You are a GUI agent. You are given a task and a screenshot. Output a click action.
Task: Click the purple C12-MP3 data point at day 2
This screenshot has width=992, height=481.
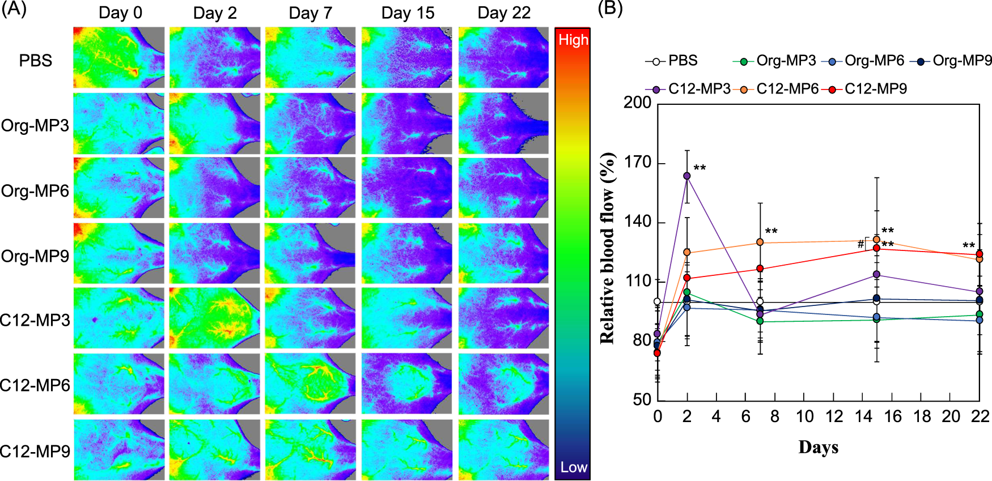(x=687, y=176)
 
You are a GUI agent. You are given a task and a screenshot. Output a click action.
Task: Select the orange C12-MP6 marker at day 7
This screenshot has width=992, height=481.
(x=760, y=242)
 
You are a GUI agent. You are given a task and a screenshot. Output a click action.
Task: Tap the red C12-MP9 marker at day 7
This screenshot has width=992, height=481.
(x=760, y=269)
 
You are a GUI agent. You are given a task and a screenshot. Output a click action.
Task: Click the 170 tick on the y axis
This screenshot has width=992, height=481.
(x=637, y=163)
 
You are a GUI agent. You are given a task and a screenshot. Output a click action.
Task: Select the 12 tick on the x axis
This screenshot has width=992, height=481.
(x=834, y=416)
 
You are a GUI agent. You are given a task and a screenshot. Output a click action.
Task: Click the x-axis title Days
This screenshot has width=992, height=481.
(x=818, y=447)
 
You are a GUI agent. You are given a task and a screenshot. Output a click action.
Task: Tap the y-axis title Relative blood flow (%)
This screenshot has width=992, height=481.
(x=607, y=248)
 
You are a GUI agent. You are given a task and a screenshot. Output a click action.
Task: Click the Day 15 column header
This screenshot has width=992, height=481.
(x=408, y=13)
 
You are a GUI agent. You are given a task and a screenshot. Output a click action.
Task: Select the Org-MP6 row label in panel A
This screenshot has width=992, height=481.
(x=35, y=191)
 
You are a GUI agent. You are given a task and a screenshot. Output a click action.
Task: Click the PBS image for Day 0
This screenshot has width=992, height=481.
(x=119, y=57)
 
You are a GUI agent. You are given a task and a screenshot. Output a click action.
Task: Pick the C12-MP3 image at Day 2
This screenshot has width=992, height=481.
(x=215, y=318)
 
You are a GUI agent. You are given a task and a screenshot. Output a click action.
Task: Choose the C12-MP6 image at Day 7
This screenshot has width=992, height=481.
(x=311, y=384)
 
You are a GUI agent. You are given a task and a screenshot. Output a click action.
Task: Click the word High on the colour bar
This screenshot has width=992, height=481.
(x=573, y=40)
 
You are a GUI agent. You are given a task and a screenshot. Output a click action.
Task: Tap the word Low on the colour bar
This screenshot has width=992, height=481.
(x=573, y=467)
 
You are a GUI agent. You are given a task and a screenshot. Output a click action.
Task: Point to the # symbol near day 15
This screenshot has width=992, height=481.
(x=860, y=244)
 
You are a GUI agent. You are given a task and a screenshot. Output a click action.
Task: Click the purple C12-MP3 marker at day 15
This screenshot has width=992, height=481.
(x=876, y=275)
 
